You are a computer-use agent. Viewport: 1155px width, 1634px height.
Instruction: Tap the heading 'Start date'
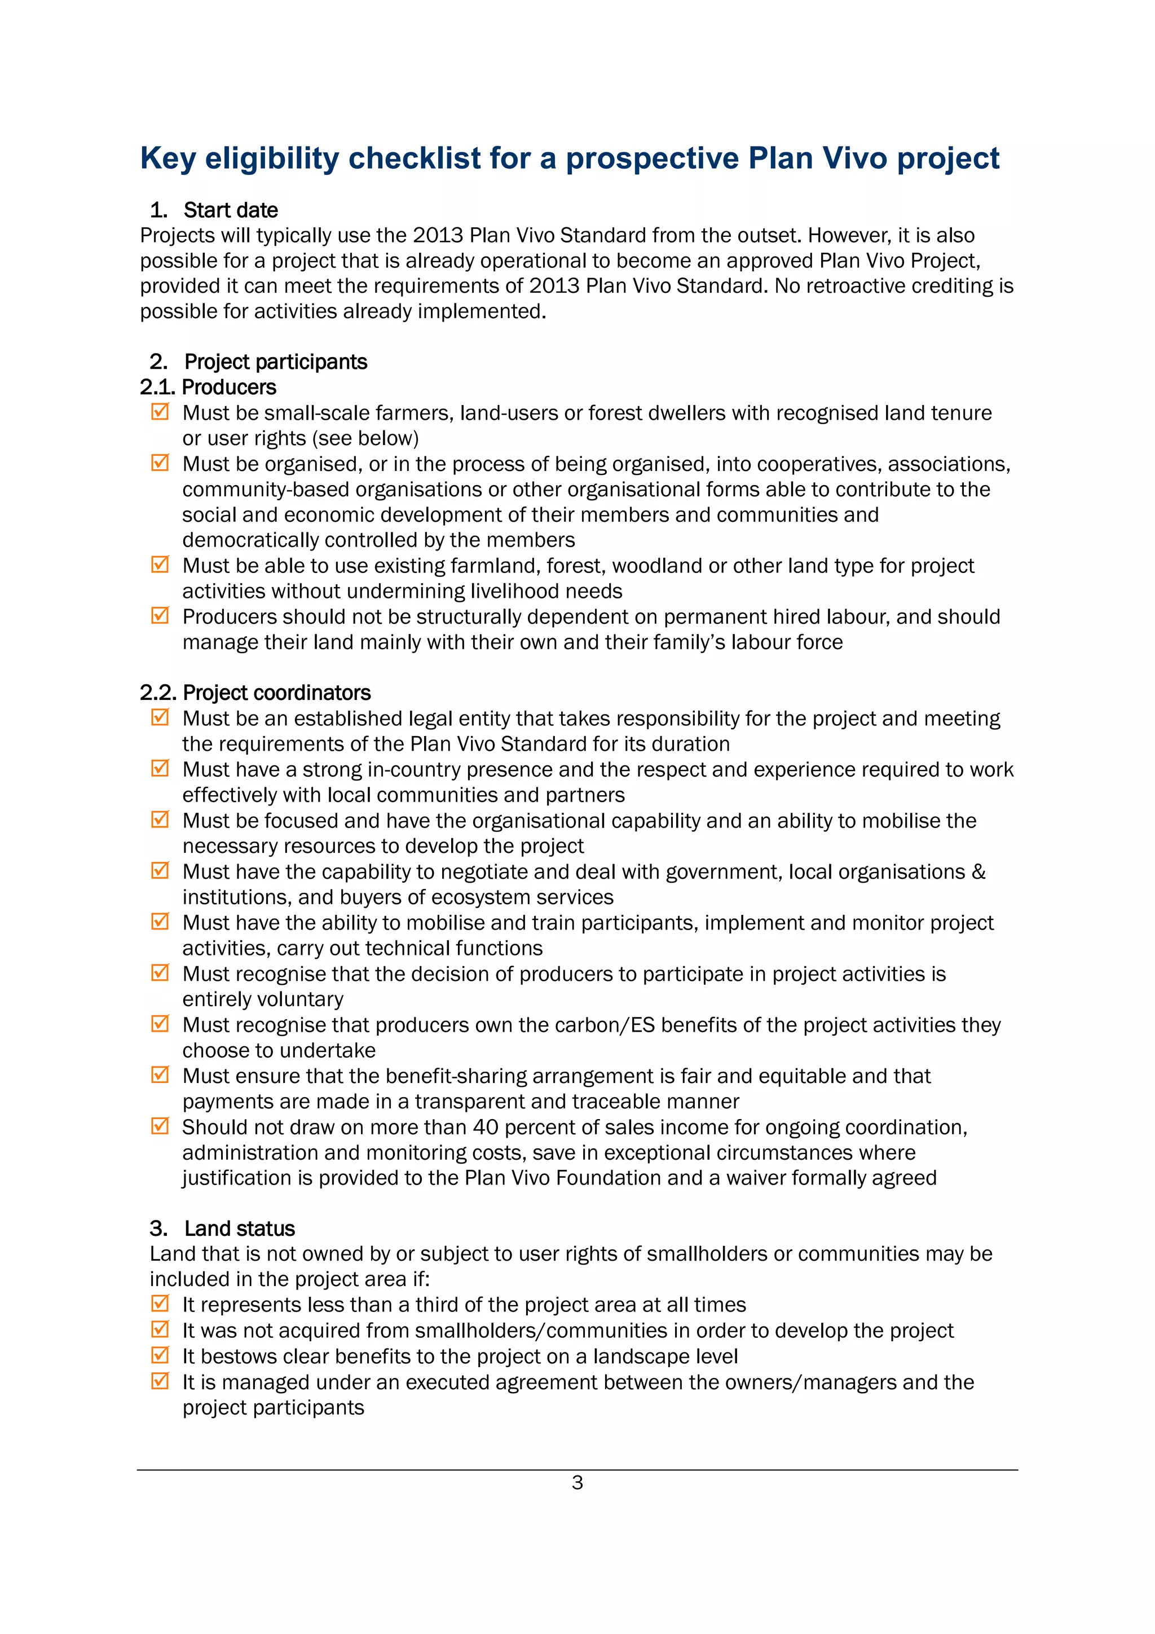click(231, 210)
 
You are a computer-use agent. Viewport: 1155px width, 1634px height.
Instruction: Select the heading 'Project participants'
click(275, 362)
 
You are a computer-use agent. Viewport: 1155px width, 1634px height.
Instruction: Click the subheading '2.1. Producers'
click(208, 387)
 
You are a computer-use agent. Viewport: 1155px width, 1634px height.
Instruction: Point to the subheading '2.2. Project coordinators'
click(255, 693)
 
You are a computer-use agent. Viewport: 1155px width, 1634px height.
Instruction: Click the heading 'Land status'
click(239, 1228)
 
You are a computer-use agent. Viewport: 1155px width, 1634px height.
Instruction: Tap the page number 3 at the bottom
click(577, 1482)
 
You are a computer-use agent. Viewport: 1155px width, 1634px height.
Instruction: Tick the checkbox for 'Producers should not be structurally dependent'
click(160, 615)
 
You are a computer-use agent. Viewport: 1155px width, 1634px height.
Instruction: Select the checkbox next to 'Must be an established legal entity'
click(160, 717)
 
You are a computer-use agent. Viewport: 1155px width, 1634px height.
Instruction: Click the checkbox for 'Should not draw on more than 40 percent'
click(160, 1125)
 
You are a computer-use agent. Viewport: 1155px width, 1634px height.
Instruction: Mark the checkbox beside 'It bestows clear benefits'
click(160, 1354)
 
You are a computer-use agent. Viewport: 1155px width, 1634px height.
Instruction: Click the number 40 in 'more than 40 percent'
click(486, 1127)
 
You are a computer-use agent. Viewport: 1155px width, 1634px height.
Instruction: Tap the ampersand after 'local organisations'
click(978, 872)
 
